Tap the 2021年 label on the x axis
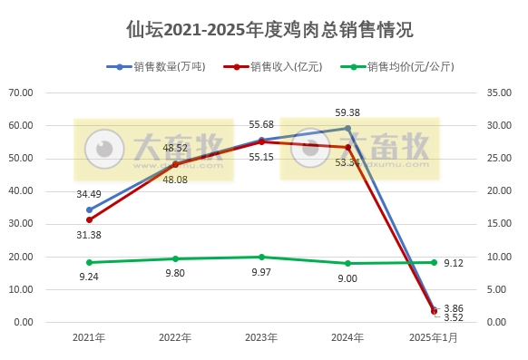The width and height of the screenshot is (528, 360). pyautogui.click(x=89, y=337)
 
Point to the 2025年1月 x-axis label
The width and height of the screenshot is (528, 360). pyautogui.click(x=434, y=337)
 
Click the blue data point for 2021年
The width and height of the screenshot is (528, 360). pyautogui.click(x=89, y=209)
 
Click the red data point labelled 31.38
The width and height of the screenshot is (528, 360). pyautogui.click(x=89, y=219)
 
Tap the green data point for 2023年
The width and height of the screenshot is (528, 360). pyautogui.click(x=261, y=257)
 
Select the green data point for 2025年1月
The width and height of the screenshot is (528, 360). pyautogui.click(x=434, y=262)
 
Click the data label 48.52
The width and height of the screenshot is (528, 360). pyautogui.click(x=175, y=147)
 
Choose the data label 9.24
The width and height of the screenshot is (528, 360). pyautogui.click(x=89, y=277)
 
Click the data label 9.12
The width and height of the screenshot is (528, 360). pyautogui.click(x=456, y=263)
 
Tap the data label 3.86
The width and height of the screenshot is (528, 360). pyautogui.click(x=455, y=308)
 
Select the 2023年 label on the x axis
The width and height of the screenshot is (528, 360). pyautogui.click(x=261, y=337)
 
